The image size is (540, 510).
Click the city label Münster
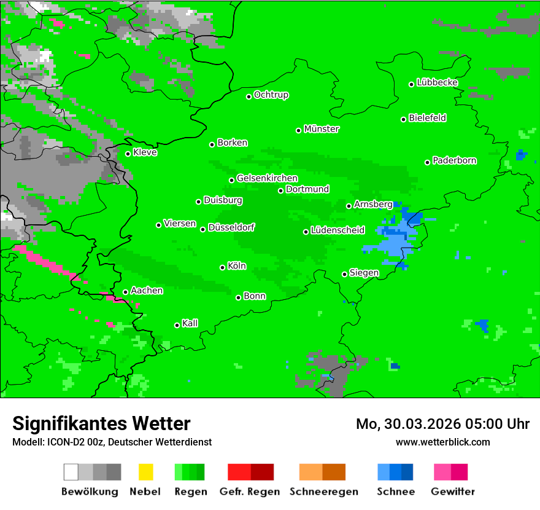tap(322, 129)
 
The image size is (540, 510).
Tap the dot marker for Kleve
tap(128, 154)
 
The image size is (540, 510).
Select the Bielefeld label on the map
tap(427, 118)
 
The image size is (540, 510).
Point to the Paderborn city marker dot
tap(427, 162)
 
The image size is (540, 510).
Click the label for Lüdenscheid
tap(337, 230)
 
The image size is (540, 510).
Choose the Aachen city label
tap(147, 291)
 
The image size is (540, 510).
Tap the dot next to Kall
tap(177, 325)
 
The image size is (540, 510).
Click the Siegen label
tap(364, 273)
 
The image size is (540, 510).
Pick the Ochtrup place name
tap(271, 95)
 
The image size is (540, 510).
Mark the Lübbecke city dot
tap(411, 84)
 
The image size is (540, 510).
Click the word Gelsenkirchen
tap(267, 178)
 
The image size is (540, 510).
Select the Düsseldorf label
tap(231, 227)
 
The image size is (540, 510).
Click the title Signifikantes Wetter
tap(101, 423)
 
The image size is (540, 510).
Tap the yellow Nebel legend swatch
tap(145, 472)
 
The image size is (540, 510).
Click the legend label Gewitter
tap(452, 492)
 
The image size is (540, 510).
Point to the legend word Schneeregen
tap(323, 492)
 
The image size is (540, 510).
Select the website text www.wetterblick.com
tap(442, 442)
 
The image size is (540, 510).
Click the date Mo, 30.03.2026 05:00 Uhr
tap(442, 424)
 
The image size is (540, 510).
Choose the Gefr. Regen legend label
tap(249, 492)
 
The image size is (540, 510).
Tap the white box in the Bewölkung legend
tap(71, 472)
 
